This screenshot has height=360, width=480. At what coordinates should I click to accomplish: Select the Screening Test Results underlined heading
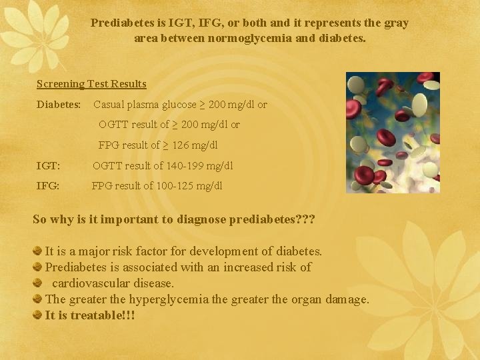tap(91, 84)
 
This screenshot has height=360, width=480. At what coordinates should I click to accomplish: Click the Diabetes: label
tap(59, 105)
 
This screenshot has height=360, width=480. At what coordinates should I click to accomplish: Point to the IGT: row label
tap(48, 165)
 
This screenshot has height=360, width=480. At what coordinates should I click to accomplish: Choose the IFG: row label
tap(48, 186)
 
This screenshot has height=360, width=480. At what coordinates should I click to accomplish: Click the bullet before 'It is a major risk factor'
tap(38, 251)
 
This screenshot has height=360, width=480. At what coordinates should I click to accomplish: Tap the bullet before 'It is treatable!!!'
tap(38, 315)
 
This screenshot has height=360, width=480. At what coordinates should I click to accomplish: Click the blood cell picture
tap(393, 133)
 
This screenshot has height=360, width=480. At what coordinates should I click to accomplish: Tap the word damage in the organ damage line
tap(347, 299)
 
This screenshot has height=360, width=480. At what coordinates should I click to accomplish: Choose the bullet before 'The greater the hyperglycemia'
tap(38, 299)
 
